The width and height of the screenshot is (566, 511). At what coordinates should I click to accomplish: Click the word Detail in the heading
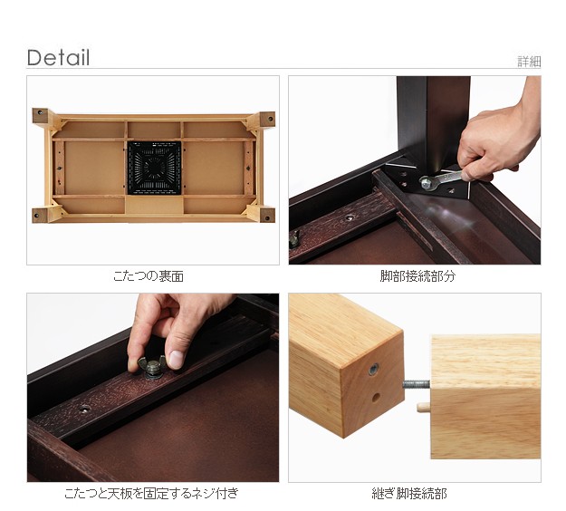click(x=58, y=58)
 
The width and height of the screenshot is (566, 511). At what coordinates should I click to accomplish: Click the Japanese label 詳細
click(x=529, y=62)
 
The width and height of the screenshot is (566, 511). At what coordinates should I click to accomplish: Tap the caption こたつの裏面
click(x=149, y=276)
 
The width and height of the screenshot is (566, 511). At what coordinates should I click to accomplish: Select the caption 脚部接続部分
click(x=417, y=276)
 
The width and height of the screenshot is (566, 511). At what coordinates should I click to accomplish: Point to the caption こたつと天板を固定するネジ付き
click(x=151, y=493)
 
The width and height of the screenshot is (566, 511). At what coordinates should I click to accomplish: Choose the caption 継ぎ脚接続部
click(x=409, y=493)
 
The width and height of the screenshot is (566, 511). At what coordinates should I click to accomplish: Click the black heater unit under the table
click(x=154, y=168)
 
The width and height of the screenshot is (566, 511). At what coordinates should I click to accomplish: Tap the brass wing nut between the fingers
click(x=152, y=367)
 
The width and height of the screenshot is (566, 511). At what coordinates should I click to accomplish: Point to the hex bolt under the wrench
click(x=426, y=183)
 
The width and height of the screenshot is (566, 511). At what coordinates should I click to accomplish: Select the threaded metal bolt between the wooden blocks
click(x=417, y=384)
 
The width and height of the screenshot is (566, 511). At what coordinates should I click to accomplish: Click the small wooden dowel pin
click(x=424, y=407)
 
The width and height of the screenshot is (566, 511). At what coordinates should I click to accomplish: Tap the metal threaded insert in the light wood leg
click(x=374, y=369)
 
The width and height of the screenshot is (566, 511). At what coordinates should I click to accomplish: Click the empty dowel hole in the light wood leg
click(x=376, y=398)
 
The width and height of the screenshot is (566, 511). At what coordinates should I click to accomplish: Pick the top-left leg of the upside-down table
click(x=41, y=116)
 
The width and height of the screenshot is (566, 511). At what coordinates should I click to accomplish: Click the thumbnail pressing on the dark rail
click(x=176, y=360)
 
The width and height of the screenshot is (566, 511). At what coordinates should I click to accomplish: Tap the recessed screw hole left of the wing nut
click(x=84, y=409)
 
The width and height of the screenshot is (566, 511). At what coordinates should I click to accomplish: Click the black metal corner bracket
click(x=429, y=182)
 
